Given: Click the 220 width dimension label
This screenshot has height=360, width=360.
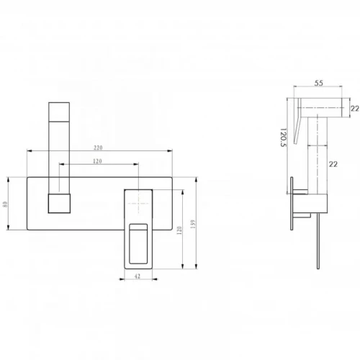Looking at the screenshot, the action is click(x=98, y=148).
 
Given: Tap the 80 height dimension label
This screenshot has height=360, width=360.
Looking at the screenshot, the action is click(x=5, y=204).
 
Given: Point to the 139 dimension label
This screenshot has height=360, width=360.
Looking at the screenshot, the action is click(x=193, y=224).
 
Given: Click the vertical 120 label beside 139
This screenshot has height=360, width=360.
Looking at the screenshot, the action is click(x=179, y=230).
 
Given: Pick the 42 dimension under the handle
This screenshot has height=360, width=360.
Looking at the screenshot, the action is click(x=138, y=276).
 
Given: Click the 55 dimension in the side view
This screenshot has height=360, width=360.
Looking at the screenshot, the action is click(x=319, y=83).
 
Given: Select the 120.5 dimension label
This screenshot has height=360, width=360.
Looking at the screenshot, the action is click(x=284, y=137).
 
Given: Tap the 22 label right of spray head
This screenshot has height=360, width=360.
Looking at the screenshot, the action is click(x=355, y=109).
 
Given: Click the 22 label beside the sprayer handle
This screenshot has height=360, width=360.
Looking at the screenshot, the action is click(x=333, y=164).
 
